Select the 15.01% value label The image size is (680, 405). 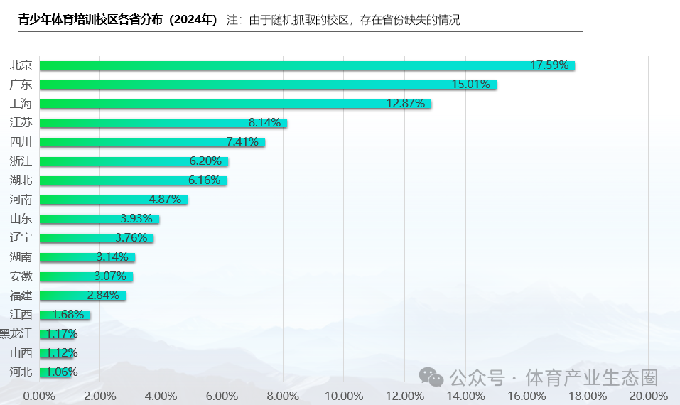[471, 85]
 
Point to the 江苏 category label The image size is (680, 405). [21, 123]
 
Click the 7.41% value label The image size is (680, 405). [242, 142]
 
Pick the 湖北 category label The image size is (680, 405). [21, 180]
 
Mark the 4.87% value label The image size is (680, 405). [166, 200]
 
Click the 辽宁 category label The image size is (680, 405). [21, 238]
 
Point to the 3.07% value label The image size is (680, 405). [110, 276]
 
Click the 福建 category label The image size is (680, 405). [21, 296]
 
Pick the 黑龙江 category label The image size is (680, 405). [16, 334]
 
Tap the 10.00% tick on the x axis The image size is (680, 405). [343, 396]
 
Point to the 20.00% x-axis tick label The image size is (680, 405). [648, 396]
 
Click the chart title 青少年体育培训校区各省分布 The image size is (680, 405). [118, 20]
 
